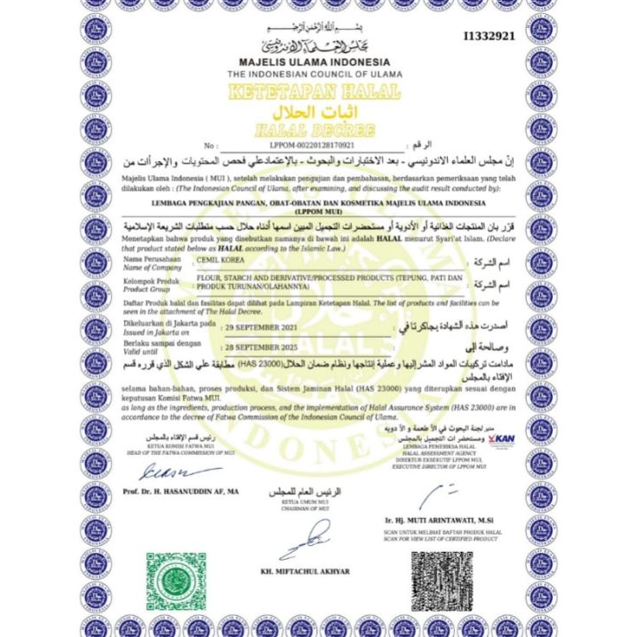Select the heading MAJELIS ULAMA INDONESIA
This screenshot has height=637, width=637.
pos(314,63)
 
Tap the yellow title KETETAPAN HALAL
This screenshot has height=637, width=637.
pos(314,93)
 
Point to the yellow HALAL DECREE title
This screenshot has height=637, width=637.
pos(313,129)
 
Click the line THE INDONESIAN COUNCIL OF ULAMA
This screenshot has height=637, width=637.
pos(314,75)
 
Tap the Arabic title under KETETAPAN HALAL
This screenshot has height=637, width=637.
pos(312,112)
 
